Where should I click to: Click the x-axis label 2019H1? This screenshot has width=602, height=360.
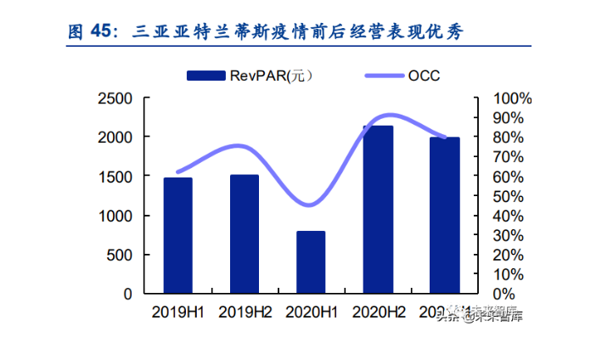(x=177, y=312)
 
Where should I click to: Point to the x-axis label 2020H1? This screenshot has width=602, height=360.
(x=311, y=312)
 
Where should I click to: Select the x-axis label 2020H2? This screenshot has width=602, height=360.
(x=377, y=312)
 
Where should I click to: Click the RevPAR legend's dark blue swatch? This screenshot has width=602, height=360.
(x=205, y=76)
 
